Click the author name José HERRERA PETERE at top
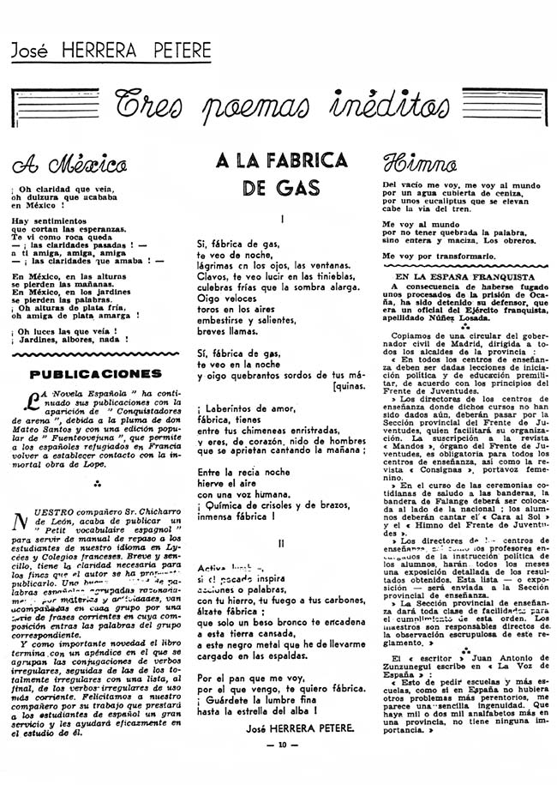[110, 48]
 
